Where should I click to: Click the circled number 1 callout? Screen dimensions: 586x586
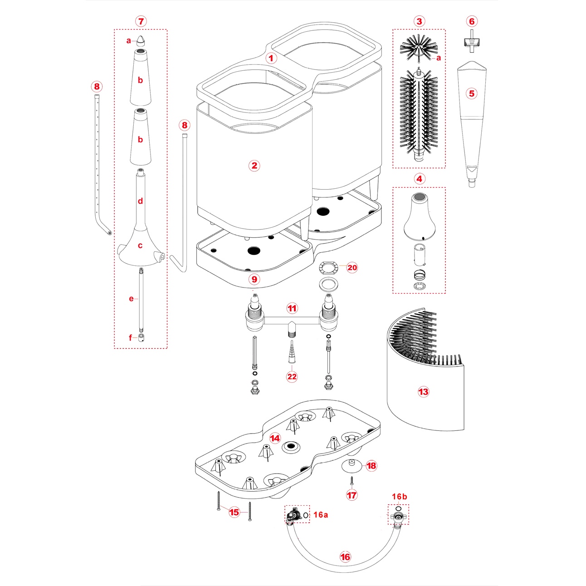click(x=271, y=58)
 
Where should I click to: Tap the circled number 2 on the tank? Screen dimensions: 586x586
click(x=254, y=166)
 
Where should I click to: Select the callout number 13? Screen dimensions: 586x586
click(x=423, y=392)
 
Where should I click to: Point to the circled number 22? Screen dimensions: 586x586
click(x=292, y=376)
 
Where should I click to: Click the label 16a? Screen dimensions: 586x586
click(x=320, y=515)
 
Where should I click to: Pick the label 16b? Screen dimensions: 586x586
click(x=399, y=497)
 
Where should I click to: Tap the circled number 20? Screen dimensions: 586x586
click(x=352, y=268)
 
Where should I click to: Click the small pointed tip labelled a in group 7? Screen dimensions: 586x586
click(x=141, y=39)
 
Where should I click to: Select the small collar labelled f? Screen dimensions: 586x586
click(x=141, y=337)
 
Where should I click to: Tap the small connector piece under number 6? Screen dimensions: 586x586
click(x=472, y=41)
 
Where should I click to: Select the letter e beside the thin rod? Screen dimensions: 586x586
click(x=131, y=298)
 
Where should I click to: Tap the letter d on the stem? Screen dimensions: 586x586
click(x=141, y=201)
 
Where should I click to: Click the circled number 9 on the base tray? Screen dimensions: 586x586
click(x=254, y=279)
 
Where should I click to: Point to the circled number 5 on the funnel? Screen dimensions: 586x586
click(x=472, y=93)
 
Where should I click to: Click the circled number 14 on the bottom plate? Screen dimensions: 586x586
click(x=275, y=438)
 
